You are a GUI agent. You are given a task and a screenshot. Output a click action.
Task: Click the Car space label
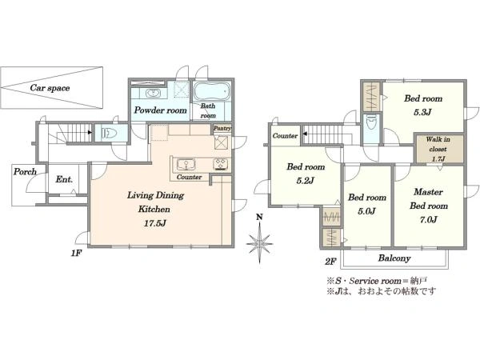coord(50,88)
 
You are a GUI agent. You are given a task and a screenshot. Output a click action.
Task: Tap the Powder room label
coord(161,110)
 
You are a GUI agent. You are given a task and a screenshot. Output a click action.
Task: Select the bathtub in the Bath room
coord(211,91)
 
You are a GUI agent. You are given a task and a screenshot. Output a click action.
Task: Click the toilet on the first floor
coord(110,133)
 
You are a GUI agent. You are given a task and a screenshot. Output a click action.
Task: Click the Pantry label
coord(222,128)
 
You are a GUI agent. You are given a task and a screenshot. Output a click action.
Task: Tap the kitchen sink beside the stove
coord(186,164)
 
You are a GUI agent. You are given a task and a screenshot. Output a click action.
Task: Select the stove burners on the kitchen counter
coord(222,164)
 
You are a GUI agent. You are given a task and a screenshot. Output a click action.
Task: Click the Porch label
coord(25,172)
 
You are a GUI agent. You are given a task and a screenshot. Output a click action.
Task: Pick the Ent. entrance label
coord(64,179)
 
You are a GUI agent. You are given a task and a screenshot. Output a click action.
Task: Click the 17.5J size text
coord(155,223)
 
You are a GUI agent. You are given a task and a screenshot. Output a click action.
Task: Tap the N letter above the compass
coord(259,217)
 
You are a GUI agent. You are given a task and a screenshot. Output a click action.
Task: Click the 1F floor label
coord(76,253)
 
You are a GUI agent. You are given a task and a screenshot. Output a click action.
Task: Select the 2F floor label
coord(330,262)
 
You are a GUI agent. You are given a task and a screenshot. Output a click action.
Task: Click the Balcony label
coord(394,258)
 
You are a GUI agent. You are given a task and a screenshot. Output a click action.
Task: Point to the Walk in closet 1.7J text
coord(438,149)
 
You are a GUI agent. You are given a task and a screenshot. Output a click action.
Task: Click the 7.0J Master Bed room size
coord(428,219)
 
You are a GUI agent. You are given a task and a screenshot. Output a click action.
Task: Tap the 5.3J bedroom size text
coord(422,112)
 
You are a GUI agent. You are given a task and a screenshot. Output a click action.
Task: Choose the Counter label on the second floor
coord(285,136)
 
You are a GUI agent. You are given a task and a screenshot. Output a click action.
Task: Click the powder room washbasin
coord(152,93)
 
